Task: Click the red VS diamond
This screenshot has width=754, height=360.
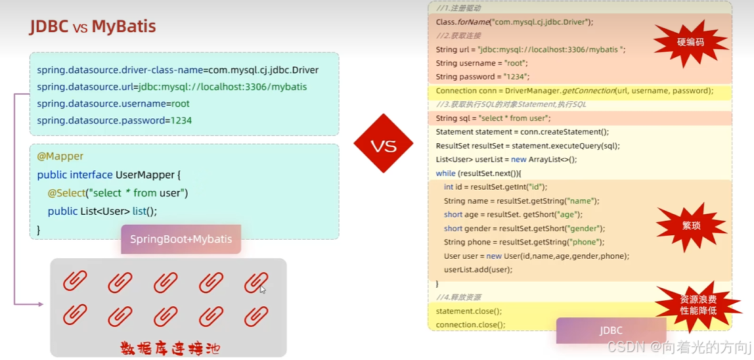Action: (383, 143)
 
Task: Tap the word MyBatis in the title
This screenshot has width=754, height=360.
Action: (123, 26)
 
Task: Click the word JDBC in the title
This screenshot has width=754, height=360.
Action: (50, 26)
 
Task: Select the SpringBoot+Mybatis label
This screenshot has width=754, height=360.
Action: (181, 239)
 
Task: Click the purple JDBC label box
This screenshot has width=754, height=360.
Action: (610, 330)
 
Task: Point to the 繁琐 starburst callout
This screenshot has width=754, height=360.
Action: (691, 225)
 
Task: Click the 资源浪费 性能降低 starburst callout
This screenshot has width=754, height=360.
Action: (698, 304)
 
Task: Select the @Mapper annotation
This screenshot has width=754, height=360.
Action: (60, 156)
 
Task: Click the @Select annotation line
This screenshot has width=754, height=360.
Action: (118, 193)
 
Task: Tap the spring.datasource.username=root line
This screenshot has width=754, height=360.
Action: (113, 104)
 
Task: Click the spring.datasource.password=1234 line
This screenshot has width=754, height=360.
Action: (114, 121)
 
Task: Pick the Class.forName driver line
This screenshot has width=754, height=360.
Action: (514, 22)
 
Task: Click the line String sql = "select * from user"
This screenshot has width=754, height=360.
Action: (493, 118)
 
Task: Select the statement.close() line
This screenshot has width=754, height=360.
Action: (468, 311)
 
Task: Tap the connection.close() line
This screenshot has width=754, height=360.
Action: (470, 325)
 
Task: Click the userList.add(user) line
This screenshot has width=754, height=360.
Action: (477, 269)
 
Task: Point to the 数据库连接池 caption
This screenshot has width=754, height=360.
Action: (170, 347)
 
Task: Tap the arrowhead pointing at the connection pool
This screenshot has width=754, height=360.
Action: (40, 304)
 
